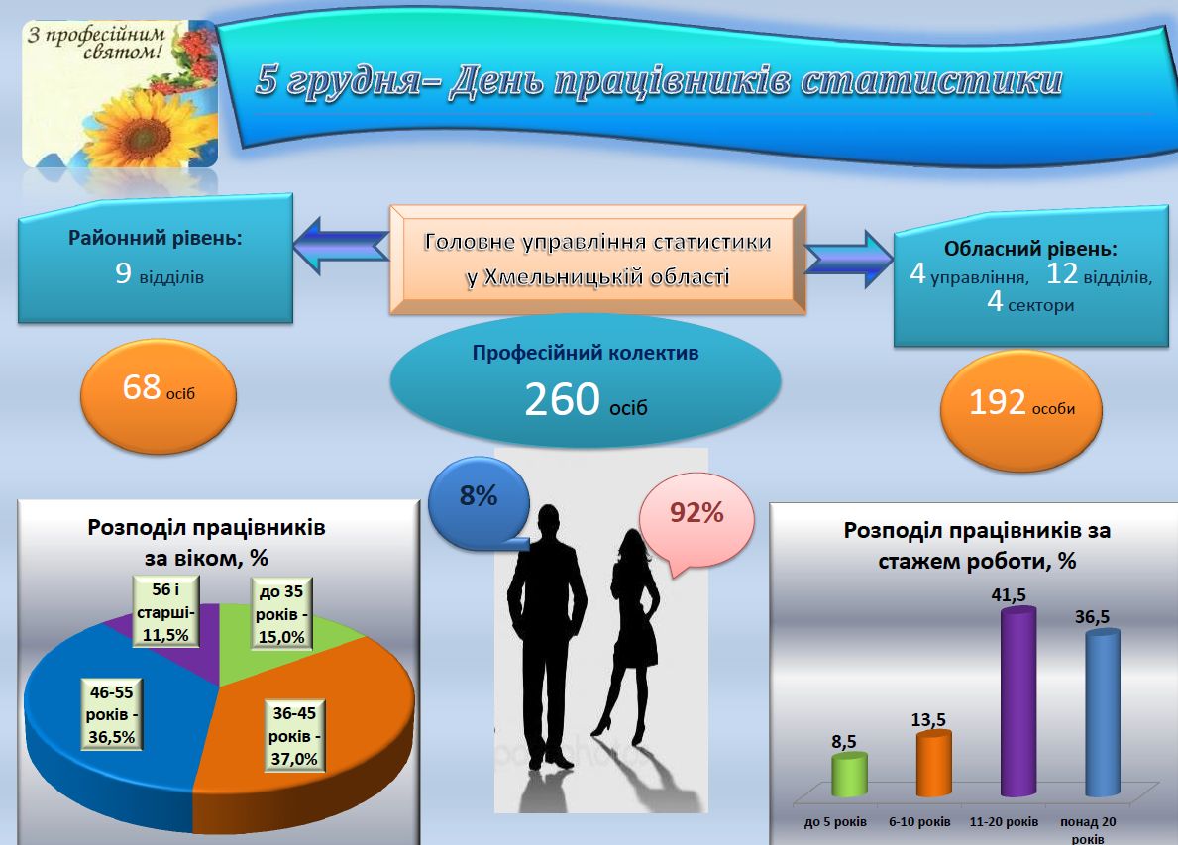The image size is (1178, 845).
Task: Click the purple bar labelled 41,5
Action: tap(1018, 702)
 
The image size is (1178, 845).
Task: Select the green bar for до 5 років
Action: tap(849, 775)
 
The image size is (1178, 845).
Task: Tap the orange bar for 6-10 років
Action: tap(934, 763)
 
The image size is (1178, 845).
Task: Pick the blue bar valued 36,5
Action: tap(1103, 713)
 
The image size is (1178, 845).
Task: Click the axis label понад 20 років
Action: tap(1088, 830)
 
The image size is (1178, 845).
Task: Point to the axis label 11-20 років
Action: tap(1004, 821)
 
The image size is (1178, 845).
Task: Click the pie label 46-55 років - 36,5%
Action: tap(112, 714)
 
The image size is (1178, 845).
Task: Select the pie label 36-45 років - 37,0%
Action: tap(294, 735)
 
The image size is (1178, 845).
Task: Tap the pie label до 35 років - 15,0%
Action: tap(281, 613)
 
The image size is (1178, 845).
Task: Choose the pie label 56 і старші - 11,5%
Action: tap(166, 611)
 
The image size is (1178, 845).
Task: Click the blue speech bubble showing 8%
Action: tap(479, 503)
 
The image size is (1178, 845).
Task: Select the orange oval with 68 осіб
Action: tap(159, 396)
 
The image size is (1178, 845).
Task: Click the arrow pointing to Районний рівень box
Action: tap(341, 246)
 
